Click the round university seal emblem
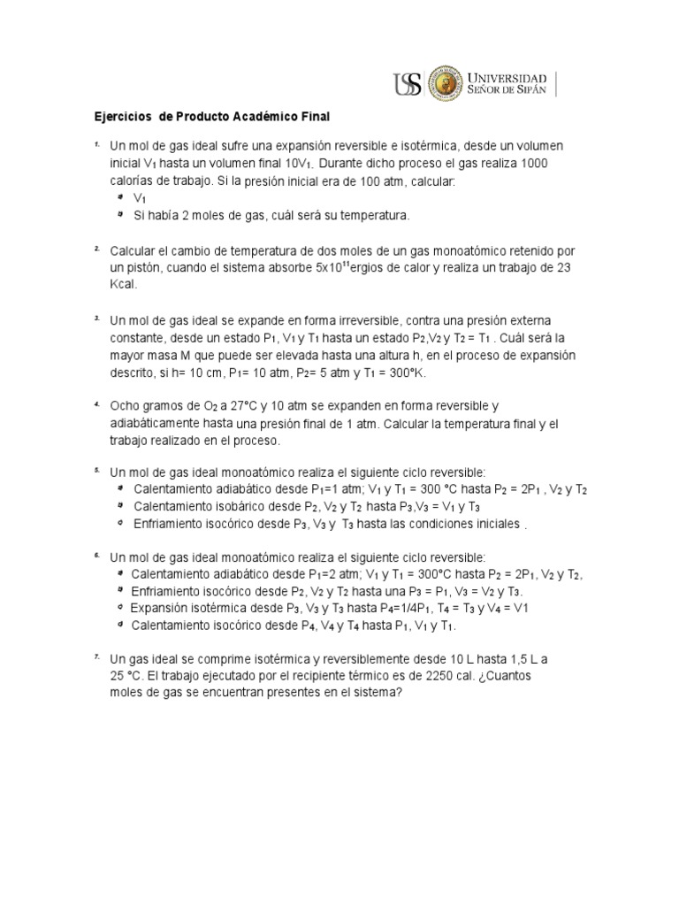pos(447,85)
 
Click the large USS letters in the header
pos(408,85)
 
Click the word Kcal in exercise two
pos(124,285)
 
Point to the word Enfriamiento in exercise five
pos(172,524)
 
